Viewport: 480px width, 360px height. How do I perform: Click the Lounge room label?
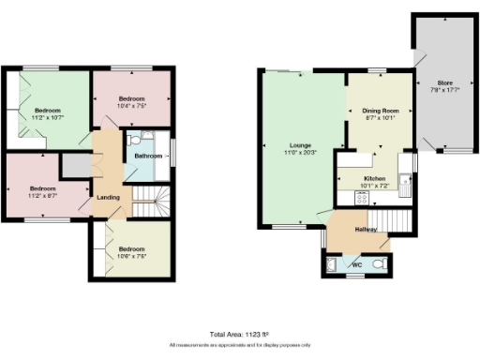click(x=300, y=145)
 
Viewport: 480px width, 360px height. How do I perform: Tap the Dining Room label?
click(x=380, y=112)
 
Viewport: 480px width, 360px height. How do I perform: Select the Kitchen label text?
click(x=375, y=177)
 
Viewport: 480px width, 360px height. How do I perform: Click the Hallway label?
click(x=366, y=230)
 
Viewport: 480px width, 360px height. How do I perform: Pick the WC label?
click(x=357, y=265)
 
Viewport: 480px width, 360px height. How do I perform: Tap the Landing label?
click(x=108, y=196)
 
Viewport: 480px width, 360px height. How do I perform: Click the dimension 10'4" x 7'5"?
click(x=131, y=106)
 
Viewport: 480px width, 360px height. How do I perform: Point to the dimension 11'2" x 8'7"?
click(x=42, y=194)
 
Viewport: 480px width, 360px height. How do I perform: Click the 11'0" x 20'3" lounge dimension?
click(x=300, y=153)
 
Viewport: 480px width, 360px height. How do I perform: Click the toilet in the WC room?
click(x=378, y=265)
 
